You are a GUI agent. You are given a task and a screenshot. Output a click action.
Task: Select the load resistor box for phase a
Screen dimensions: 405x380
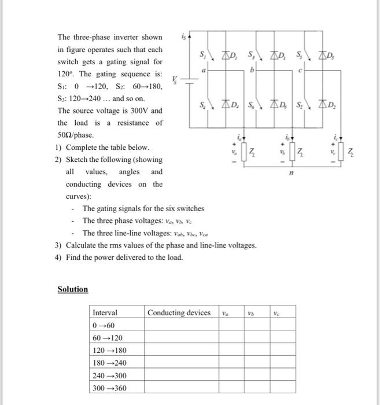coord(244,153)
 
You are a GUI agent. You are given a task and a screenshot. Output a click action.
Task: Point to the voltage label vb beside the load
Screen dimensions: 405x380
coord(282,152)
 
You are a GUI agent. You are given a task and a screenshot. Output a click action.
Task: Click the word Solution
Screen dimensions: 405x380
coord(73,289)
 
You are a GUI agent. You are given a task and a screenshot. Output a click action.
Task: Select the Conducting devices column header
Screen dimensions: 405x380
coord(179,312)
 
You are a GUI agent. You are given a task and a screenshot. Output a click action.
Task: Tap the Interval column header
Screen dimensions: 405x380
coord(105,312)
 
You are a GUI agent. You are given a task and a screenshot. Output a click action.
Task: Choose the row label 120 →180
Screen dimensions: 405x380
coord(109,351)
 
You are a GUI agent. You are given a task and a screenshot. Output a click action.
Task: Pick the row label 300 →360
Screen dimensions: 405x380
coord(109,388)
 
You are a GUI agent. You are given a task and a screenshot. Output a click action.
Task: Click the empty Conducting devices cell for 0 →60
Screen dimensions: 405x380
coord(181,325)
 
